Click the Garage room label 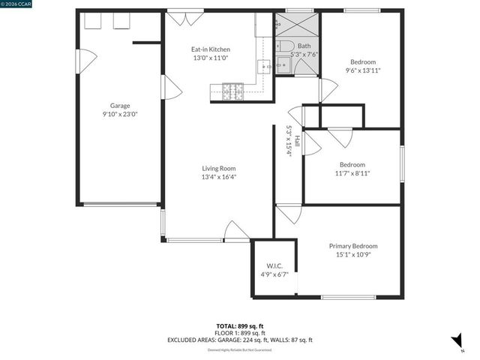point(120,106)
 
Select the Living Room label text point(218,169)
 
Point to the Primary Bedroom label point(353,246)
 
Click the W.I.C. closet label point(274,266)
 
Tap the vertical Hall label point(297,140)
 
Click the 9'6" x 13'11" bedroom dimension point(363,70)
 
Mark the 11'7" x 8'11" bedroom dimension point(352,173)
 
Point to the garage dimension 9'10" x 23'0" point(120,114)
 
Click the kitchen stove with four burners point(232,91)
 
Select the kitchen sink point(265,67)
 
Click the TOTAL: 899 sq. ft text point(239,325)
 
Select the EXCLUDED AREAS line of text point(239,340)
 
